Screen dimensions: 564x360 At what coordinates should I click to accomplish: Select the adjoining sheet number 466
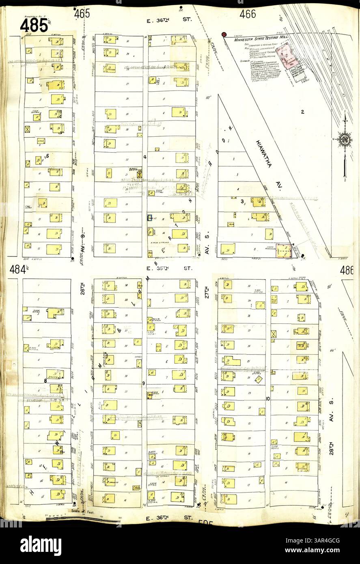pos(248,14)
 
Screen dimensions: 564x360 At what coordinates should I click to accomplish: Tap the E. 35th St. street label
pos(169,268)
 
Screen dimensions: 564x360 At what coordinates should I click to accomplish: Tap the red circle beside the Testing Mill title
pos(224,35)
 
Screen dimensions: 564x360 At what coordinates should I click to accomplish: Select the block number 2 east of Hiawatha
pos(302,111)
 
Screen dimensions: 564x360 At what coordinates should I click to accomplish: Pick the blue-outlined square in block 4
pos(149,218)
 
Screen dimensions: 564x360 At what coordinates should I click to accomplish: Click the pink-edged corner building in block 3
pos(284,250)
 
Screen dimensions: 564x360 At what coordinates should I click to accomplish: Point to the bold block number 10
pos(267,398)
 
